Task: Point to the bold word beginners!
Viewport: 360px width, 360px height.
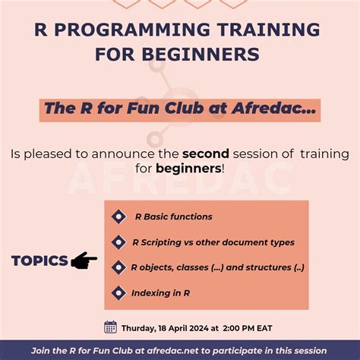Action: [x=190, y=167]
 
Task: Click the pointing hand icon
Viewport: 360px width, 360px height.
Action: [x=84, y=261]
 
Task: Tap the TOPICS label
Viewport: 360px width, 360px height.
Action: [x=39, y=261]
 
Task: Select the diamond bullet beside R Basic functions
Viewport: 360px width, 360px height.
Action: [x=118, y=217]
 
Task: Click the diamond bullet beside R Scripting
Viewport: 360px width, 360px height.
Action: [x=118, y=242]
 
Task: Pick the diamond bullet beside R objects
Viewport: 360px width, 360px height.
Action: [x=118, y=267]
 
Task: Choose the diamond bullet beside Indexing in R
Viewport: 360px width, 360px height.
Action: [x=118, y=292]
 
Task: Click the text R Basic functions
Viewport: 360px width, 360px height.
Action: [x=173, y=217]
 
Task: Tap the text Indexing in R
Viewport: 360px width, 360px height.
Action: [x=160, y=292]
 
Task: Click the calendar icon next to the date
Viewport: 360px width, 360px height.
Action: [x=110, y=327]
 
